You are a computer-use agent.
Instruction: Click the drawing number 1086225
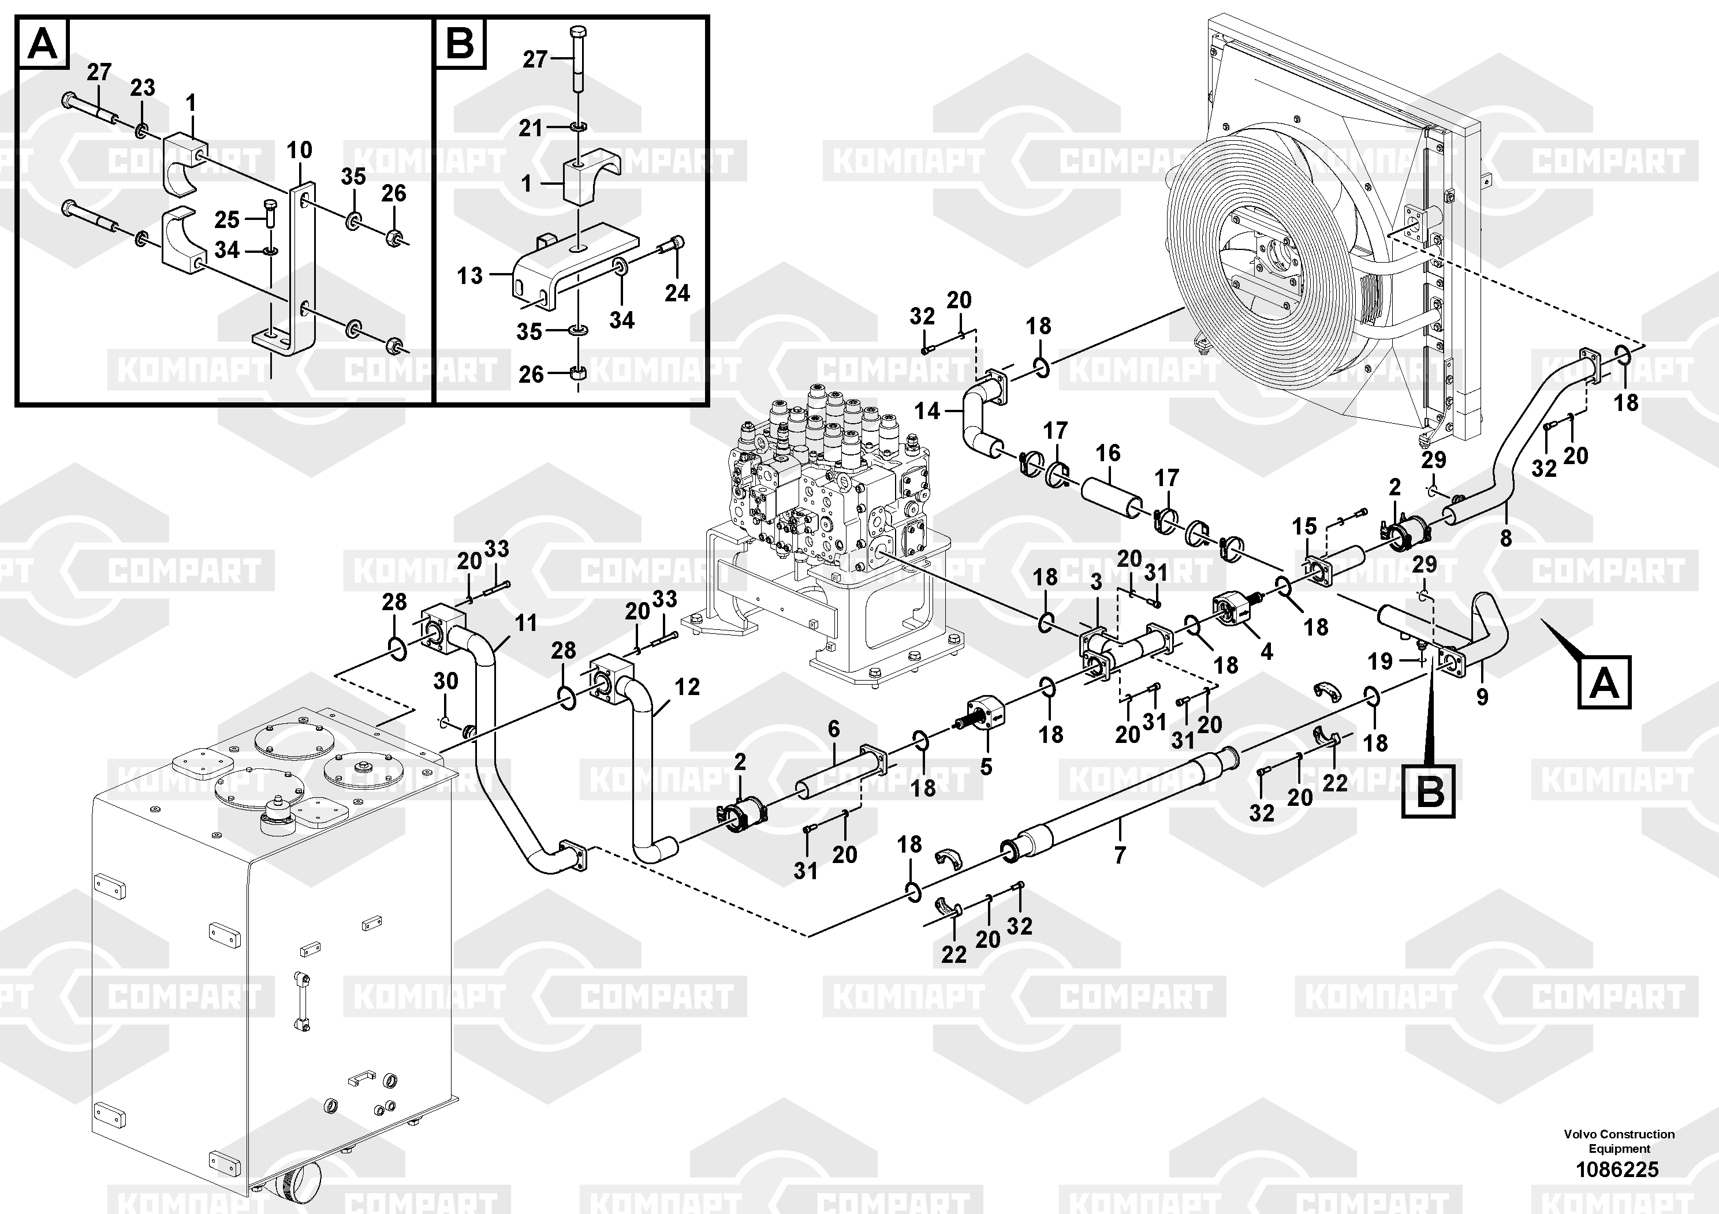pyautogui.click(x=1617, y=1169)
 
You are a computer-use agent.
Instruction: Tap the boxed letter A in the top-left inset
pyautogui.click(x=43, y=44)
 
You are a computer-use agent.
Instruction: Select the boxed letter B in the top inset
pyautogui.click(x=460, y=44)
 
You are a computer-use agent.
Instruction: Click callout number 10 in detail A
pyautogui.click(x=300, y=151)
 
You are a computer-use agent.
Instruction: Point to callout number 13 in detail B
pyautogui.click(x=470, y=275)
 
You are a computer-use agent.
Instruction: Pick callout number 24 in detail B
pyautogui.click(x=677, y=293)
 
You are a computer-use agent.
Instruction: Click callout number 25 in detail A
pyautogui.click(x=227, y=220)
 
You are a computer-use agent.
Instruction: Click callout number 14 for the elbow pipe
pyautogui.click(x=927, y=411)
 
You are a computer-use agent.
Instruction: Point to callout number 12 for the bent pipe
pyautogui.click(x=687, y=687)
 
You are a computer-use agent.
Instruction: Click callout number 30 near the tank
pyautogui.click(x=445, y=681)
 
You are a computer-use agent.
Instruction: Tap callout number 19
pyautogui.click(x=1380, y=661)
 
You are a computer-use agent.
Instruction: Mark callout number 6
pyautogui.click(x=833, y=729)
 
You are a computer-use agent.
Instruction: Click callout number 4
pyautogui.click(x=1266, y=652)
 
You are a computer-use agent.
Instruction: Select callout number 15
pyautogui.click(x=1304, y=526)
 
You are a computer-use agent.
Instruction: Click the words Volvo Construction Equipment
pyautogui.click(x=1619, y=1141)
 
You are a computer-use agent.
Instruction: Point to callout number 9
pyautogui.click(x=1482, y=697)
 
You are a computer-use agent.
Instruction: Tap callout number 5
pyautogui.click(x=986, y=767)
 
